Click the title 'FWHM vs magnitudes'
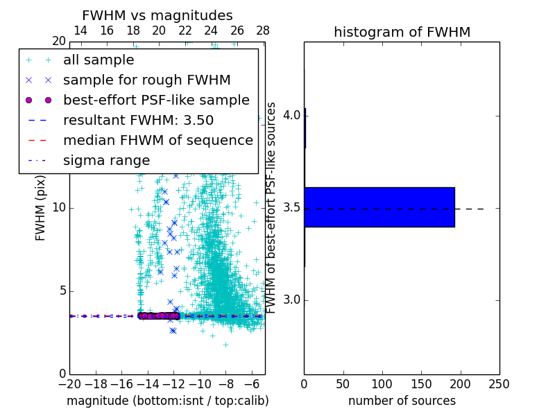(x=157, y=15)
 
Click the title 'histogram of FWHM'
(x=402, y=32)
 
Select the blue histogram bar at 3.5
(x=379, y=207)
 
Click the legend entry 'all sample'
(x=99, y=60)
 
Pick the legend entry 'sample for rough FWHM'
(x=146, y=80)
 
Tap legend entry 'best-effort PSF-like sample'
(x=156, y=100)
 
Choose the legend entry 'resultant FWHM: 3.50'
(x=138, y=120)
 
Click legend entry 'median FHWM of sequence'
(x=157, y=140)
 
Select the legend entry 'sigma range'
(x=106, y=160)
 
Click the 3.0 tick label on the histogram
(x=291, y=300)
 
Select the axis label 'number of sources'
(x=402, y=401)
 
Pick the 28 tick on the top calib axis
(x=263, y=31)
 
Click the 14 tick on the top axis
(x=80, y=31)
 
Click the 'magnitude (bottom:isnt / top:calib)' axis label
(x=167, y=401)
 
